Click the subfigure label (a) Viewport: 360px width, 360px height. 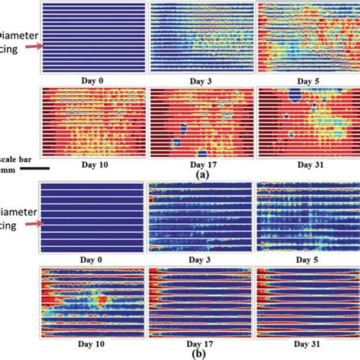(x=201, y=174)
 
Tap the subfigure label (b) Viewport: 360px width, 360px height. (x=201, y=353)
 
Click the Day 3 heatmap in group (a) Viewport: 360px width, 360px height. (x=199, y=38)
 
